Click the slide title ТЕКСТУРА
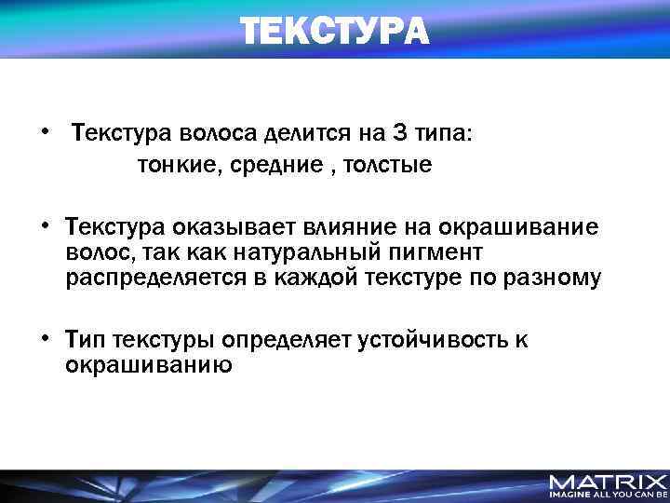pos(335,31)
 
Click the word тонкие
pos(171,166)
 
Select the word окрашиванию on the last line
pos(148,365)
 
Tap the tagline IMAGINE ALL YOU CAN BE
pos(608,496)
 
